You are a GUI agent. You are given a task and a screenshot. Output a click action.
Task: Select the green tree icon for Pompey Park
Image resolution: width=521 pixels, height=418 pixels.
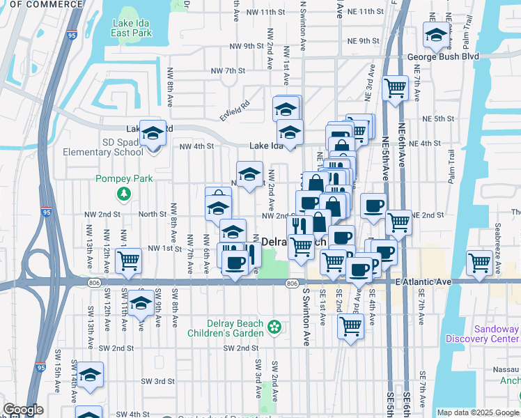pos(124,193)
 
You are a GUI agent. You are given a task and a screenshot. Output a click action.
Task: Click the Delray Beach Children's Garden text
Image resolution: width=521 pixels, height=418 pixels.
pos(235,328)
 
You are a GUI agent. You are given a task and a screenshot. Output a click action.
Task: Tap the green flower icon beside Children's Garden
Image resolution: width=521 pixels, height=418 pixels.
pos(275,325)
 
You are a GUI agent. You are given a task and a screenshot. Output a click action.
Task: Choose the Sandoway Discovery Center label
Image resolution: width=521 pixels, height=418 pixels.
pos(496,334)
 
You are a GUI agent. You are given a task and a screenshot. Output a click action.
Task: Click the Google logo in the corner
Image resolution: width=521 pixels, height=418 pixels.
pos(23,410)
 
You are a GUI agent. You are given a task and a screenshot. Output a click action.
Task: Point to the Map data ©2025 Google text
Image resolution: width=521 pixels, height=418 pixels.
pos(477,412)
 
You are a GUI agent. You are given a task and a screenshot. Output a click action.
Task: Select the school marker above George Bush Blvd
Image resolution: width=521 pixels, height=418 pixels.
pos(436,36)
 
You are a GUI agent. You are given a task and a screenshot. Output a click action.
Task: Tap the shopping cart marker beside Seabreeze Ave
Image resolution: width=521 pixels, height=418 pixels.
pos(480,263)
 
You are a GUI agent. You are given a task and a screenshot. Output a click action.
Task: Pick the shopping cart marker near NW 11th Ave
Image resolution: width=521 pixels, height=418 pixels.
pos(128,261)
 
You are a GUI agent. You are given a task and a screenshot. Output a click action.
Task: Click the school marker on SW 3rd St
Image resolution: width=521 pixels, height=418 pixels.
pos(90,376)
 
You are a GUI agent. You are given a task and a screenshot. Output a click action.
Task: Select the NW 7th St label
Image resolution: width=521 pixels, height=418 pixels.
pos(228,71)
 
